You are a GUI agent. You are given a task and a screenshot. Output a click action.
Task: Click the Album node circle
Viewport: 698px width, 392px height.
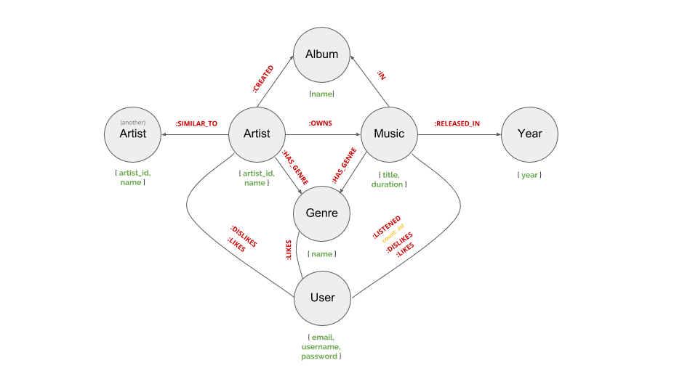click(x=321, y=54)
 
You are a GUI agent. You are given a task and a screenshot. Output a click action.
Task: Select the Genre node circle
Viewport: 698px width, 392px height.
click(x=321, y=213)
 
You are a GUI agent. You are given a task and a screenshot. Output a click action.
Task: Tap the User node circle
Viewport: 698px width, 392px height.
click(x=322, y=298)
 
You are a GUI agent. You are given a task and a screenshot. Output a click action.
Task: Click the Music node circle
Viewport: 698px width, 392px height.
click(x=389, y=134)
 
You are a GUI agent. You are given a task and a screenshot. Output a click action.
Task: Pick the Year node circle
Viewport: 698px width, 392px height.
click(x=529, y=134)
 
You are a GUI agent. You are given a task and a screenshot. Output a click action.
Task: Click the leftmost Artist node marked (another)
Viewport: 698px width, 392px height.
click(x=133, y=134)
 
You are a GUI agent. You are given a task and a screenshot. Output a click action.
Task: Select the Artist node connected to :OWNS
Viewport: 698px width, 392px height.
click(x=257, y=134)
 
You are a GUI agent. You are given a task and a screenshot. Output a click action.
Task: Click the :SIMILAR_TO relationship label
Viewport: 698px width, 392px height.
click(x=196, y=123)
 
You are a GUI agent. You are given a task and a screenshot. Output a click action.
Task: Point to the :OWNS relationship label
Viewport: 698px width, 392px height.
click(x=320, y=123)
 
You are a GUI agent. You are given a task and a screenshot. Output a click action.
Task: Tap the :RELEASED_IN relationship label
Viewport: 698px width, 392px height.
click(x=457, y=123)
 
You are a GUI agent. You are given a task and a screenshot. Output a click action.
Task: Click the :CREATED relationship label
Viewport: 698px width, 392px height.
click(x=263, y=79)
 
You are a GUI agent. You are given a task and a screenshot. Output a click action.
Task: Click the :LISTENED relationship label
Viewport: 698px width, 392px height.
click(x=386, y=226)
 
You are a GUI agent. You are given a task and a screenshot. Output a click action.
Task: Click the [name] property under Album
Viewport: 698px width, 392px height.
click(x=321, y=94)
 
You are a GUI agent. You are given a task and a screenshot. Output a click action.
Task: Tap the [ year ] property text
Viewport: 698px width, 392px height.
click(x=529, y=175)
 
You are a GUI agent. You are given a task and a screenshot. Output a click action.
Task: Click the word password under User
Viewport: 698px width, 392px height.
click(x=320, y=356)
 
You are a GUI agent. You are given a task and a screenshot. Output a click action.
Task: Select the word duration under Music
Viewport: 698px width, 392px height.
click(x=387, y=184)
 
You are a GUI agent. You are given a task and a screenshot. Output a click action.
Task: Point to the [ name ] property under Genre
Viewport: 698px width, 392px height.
click(x=321, y=254)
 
